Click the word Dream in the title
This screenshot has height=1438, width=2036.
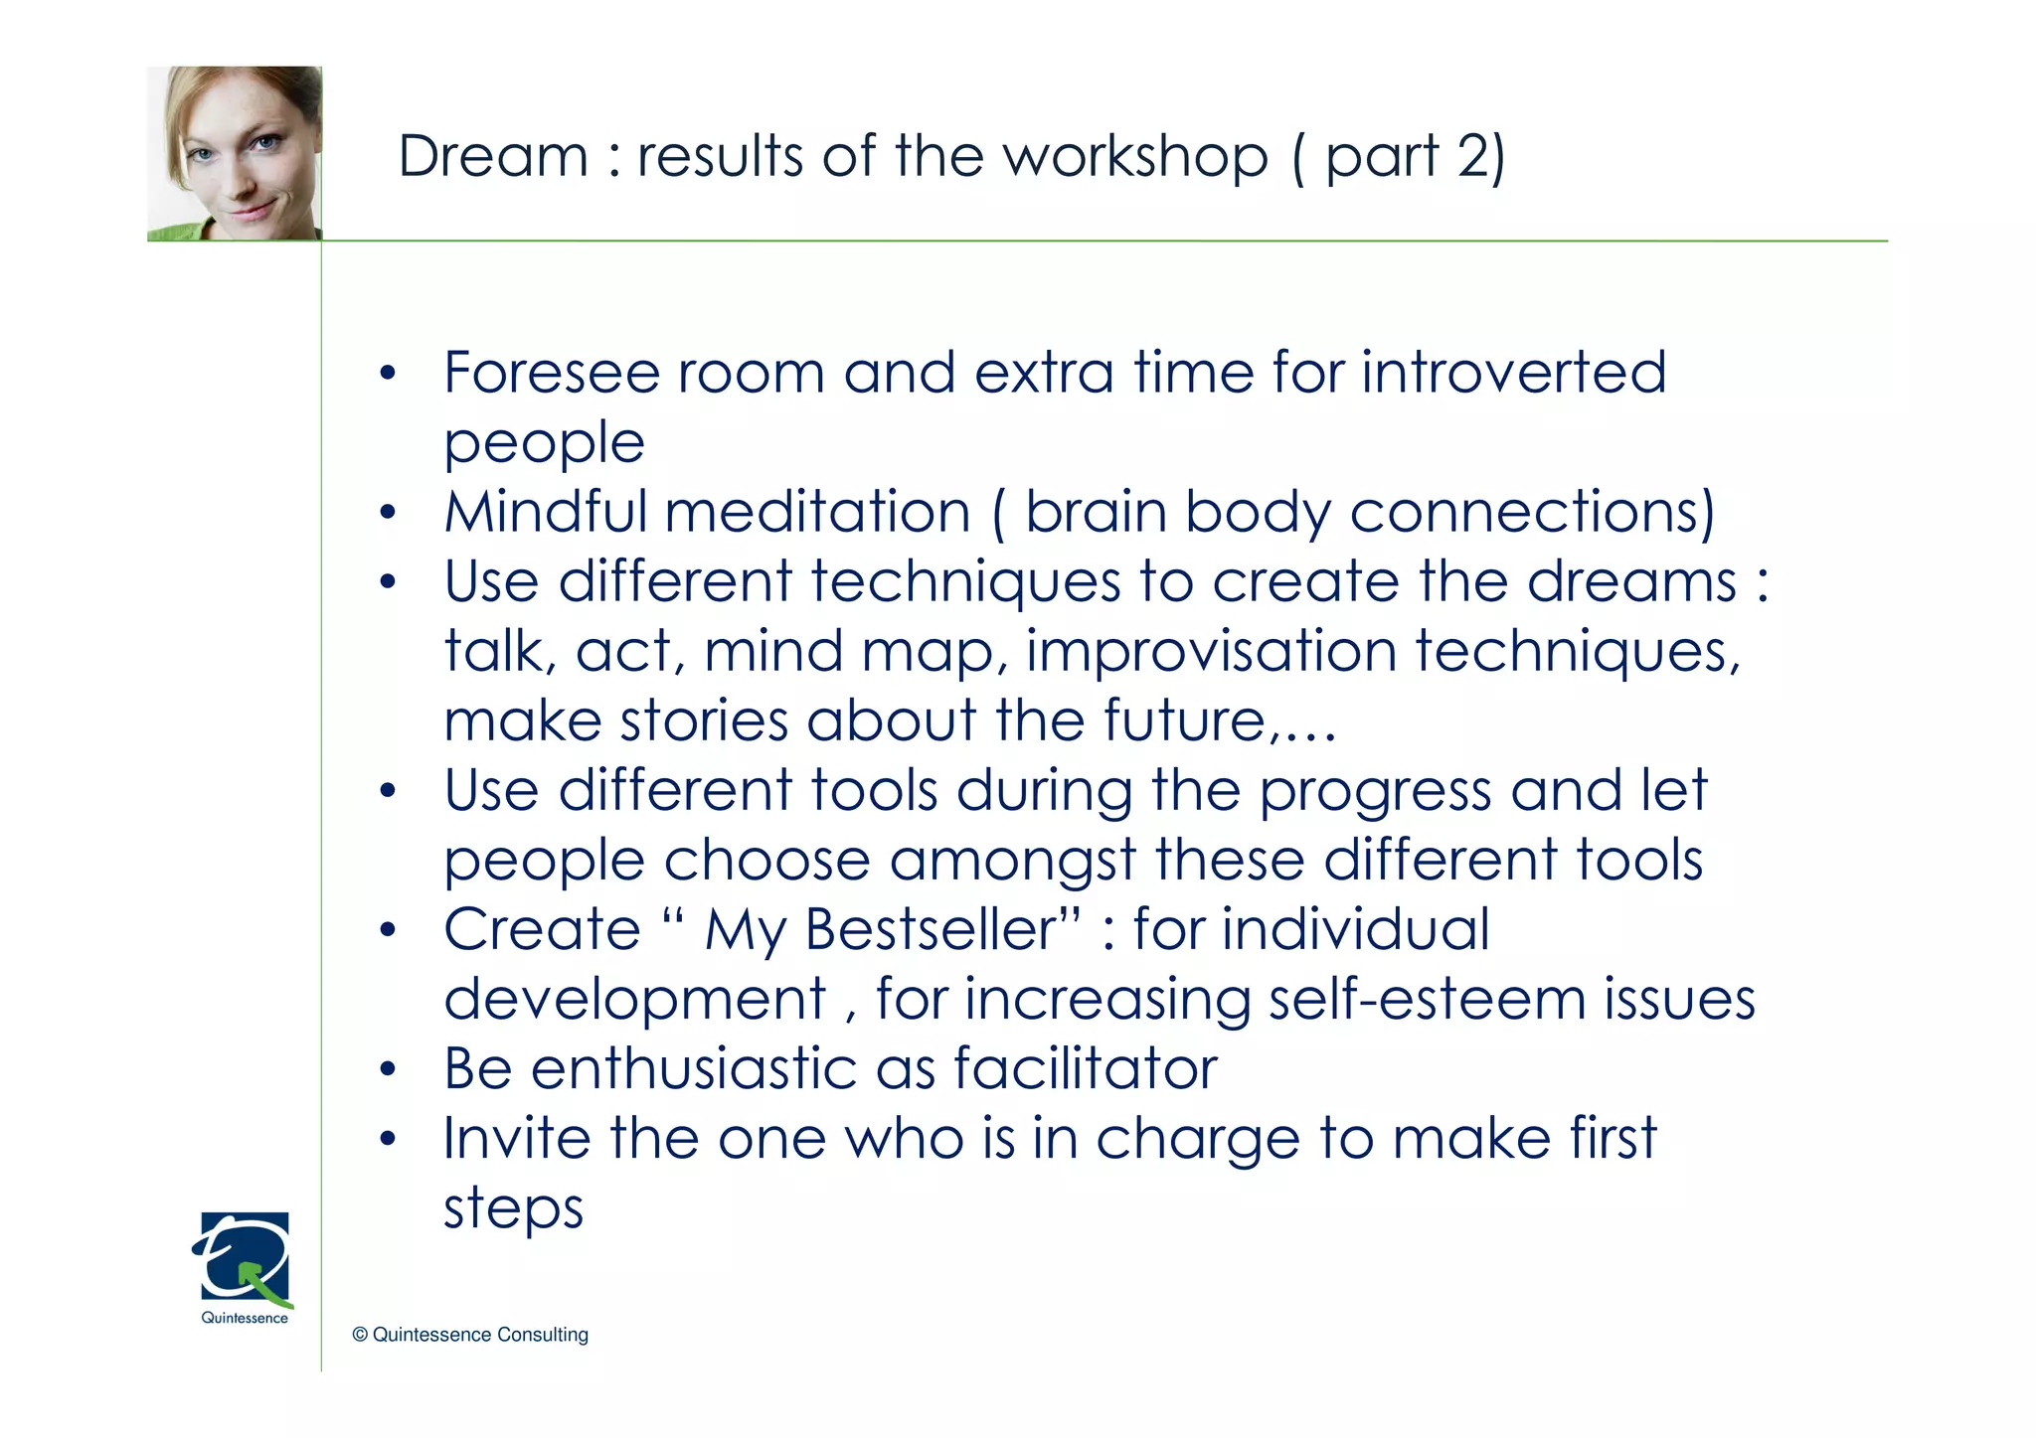click(x=493, y=157)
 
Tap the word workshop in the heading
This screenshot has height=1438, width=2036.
click(x=1134, y=157)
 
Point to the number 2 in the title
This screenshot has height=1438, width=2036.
click(x=1472, y=157)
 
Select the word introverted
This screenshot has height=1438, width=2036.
click(x=1513, y=373)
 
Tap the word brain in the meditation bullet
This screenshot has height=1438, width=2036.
click(x=1096, y=512)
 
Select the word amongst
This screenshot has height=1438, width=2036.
click(x=1013, y=861)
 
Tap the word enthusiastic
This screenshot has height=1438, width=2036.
click(x=694, y=1069)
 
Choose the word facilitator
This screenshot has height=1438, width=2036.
click(x=1086, y=1069)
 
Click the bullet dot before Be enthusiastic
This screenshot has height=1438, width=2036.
click(x=388, y=1070)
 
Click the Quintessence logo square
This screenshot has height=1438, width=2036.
click(x=245, y=1256)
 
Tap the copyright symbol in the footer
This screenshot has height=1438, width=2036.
click(x=360, y=1335)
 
